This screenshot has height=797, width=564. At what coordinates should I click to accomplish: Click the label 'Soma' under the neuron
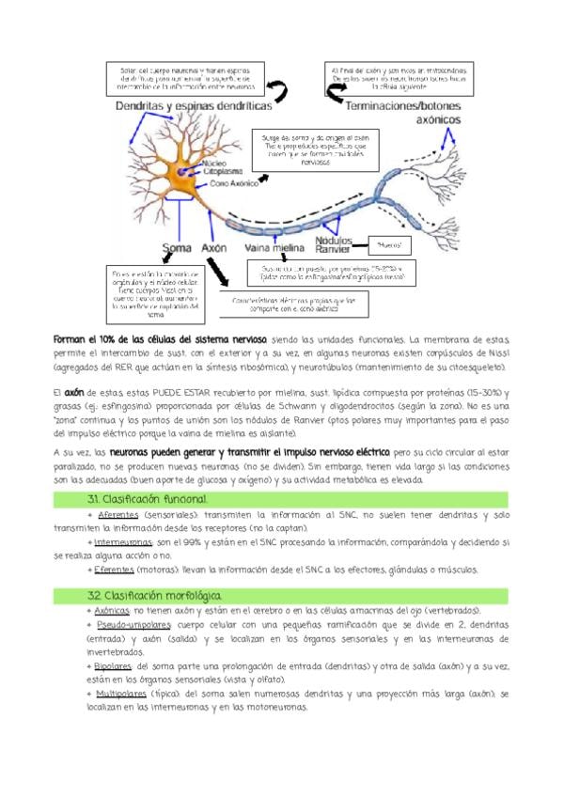tap(178, 250)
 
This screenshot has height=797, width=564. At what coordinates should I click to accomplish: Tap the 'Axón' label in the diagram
tap(215, 250)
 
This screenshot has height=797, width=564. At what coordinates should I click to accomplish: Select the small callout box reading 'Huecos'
tap(389, 245)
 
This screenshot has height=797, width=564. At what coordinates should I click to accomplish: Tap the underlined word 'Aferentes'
tap(120, 516)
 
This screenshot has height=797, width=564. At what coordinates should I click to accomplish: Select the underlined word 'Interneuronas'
tap(128, 543)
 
